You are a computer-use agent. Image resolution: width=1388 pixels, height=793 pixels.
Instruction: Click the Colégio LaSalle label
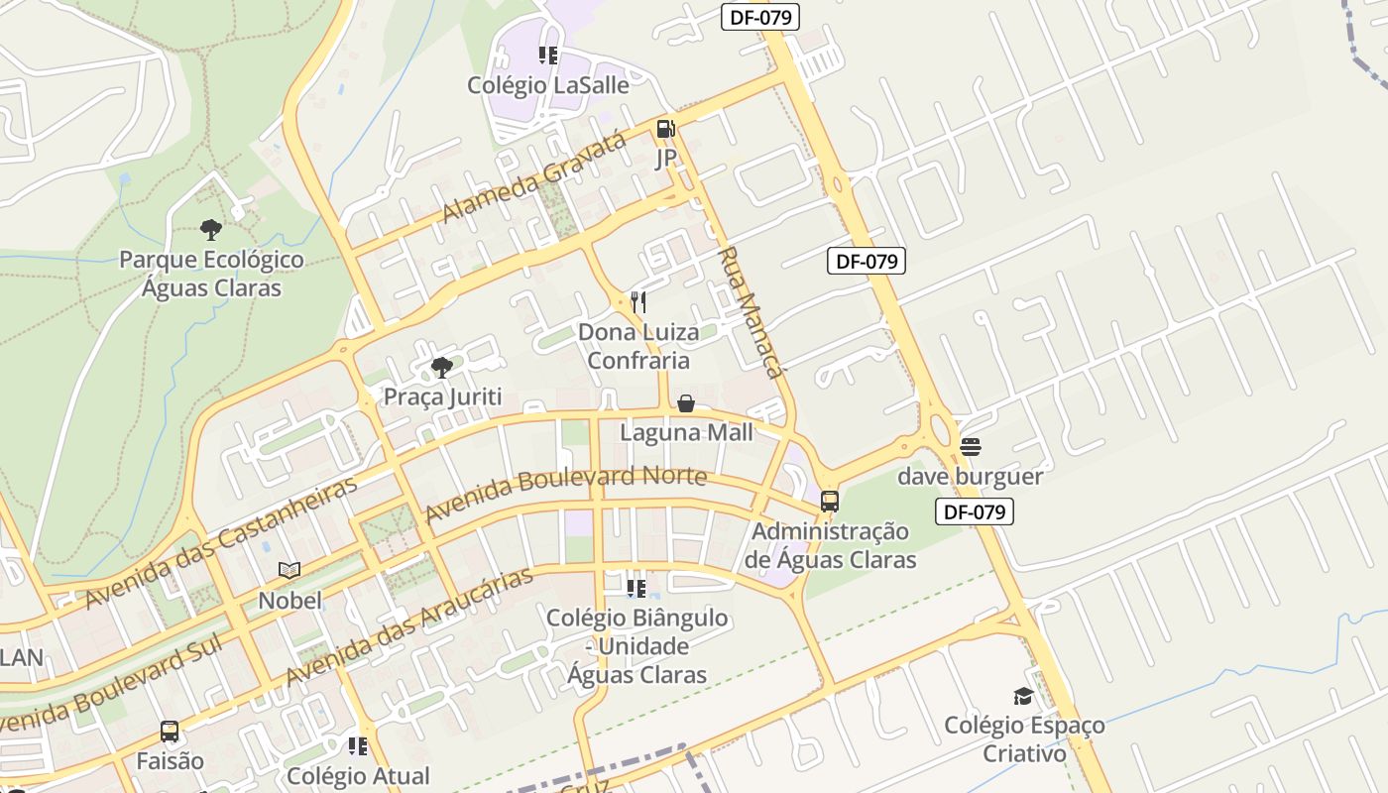[548, 85]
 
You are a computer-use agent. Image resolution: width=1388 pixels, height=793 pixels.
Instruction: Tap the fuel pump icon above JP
[665, 128]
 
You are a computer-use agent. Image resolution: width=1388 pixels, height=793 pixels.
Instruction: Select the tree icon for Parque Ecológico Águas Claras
[210, 230]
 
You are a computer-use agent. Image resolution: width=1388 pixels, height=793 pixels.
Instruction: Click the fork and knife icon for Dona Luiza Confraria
[638, 301]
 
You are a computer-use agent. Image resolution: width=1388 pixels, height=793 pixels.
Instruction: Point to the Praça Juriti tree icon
[442, 368]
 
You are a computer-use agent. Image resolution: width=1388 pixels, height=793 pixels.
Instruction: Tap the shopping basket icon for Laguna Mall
[685, 403]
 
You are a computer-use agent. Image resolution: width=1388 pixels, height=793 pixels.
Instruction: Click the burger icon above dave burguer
[970, 447]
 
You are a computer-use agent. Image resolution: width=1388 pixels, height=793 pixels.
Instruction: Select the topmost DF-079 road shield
[759, 16]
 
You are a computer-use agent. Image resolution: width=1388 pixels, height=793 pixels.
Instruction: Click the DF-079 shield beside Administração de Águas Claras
[975, 511]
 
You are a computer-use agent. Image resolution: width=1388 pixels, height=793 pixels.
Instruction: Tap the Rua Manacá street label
[749, 312]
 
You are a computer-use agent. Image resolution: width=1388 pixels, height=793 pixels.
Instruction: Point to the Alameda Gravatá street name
[534, 176]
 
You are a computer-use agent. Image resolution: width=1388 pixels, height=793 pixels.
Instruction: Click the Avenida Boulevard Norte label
[565, 493]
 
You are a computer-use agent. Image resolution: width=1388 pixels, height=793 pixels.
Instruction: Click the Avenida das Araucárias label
[409, 625]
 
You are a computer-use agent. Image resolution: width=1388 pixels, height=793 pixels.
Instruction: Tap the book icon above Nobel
[289, 570]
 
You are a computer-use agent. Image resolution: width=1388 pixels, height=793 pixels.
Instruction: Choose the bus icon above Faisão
[170, 732]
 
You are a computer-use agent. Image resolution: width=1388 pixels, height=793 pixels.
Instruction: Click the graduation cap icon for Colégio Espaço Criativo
[1023, 696]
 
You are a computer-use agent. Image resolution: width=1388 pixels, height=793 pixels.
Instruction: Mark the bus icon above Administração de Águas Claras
[830, 502]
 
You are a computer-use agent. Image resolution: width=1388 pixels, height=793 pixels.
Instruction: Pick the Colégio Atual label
[358, 775]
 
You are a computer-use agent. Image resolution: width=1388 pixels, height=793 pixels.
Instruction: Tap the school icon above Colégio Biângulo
[636, 589]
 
